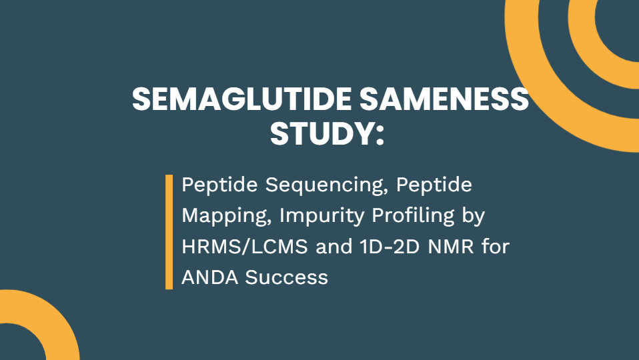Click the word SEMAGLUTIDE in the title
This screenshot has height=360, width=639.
click(241, 100)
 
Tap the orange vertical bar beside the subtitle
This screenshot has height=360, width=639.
click(169, 232)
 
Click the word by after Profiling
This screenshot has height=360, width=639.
click(474, 216)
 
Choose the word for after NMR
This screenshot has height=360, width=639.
click(496, 247)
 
